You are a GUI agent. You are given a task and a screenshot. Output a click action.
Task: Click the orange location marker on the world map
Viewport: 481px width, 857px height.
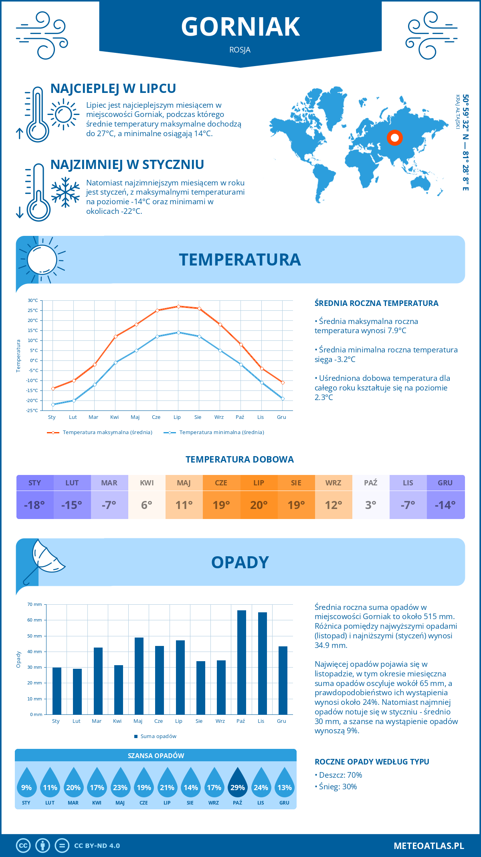(x=395, y=138)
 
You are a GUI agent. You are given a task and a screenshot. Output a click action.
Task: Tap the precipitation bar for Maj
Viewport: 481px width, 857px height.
(x=139, y=676)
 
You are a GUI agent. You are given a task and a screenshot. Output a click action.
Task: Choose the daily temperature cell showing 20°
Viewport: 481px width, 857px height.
(x=259, y=505)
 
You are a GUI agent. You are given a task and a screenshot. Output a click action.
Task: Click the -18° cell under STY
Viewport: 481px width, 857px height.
(x=34, y=505)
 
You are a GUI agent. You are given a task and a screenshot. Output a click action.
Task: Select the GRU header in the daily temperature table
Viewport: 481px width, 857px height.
(x=445, y=483)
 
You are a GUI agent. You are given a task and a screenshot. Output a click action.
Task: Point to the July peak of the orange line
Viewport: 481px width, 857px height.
(x=178, y=306)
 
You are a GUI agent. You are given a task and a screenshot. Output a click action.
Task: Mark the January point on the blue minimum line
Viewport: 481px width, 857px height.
(x=53, y=404)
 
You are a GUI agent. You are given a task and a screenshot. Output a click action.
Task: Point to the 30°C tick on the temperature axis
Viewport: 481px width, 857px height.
(x=33, y=300)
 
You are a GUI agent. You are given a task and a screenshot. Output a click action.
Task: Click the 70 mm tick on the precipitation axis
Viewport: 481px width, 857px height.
(x=35, y=604)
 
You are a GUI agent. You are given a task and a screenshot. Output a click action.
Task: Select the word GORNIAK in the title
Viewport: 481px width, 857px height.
(x=240, y=27)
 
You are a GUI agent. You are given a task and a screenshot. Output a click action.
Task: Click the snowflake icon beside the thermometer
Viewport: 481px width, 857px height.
(x=65, y=192)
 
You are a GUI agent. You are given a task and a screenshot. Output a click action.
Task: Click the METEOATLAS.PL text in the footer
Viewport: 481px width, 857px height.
(x=428, y=846)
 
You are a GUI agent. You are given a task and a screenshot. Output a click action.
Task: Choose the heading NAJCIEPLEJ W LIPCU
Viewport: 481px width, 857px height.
(x=113, y=89)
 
